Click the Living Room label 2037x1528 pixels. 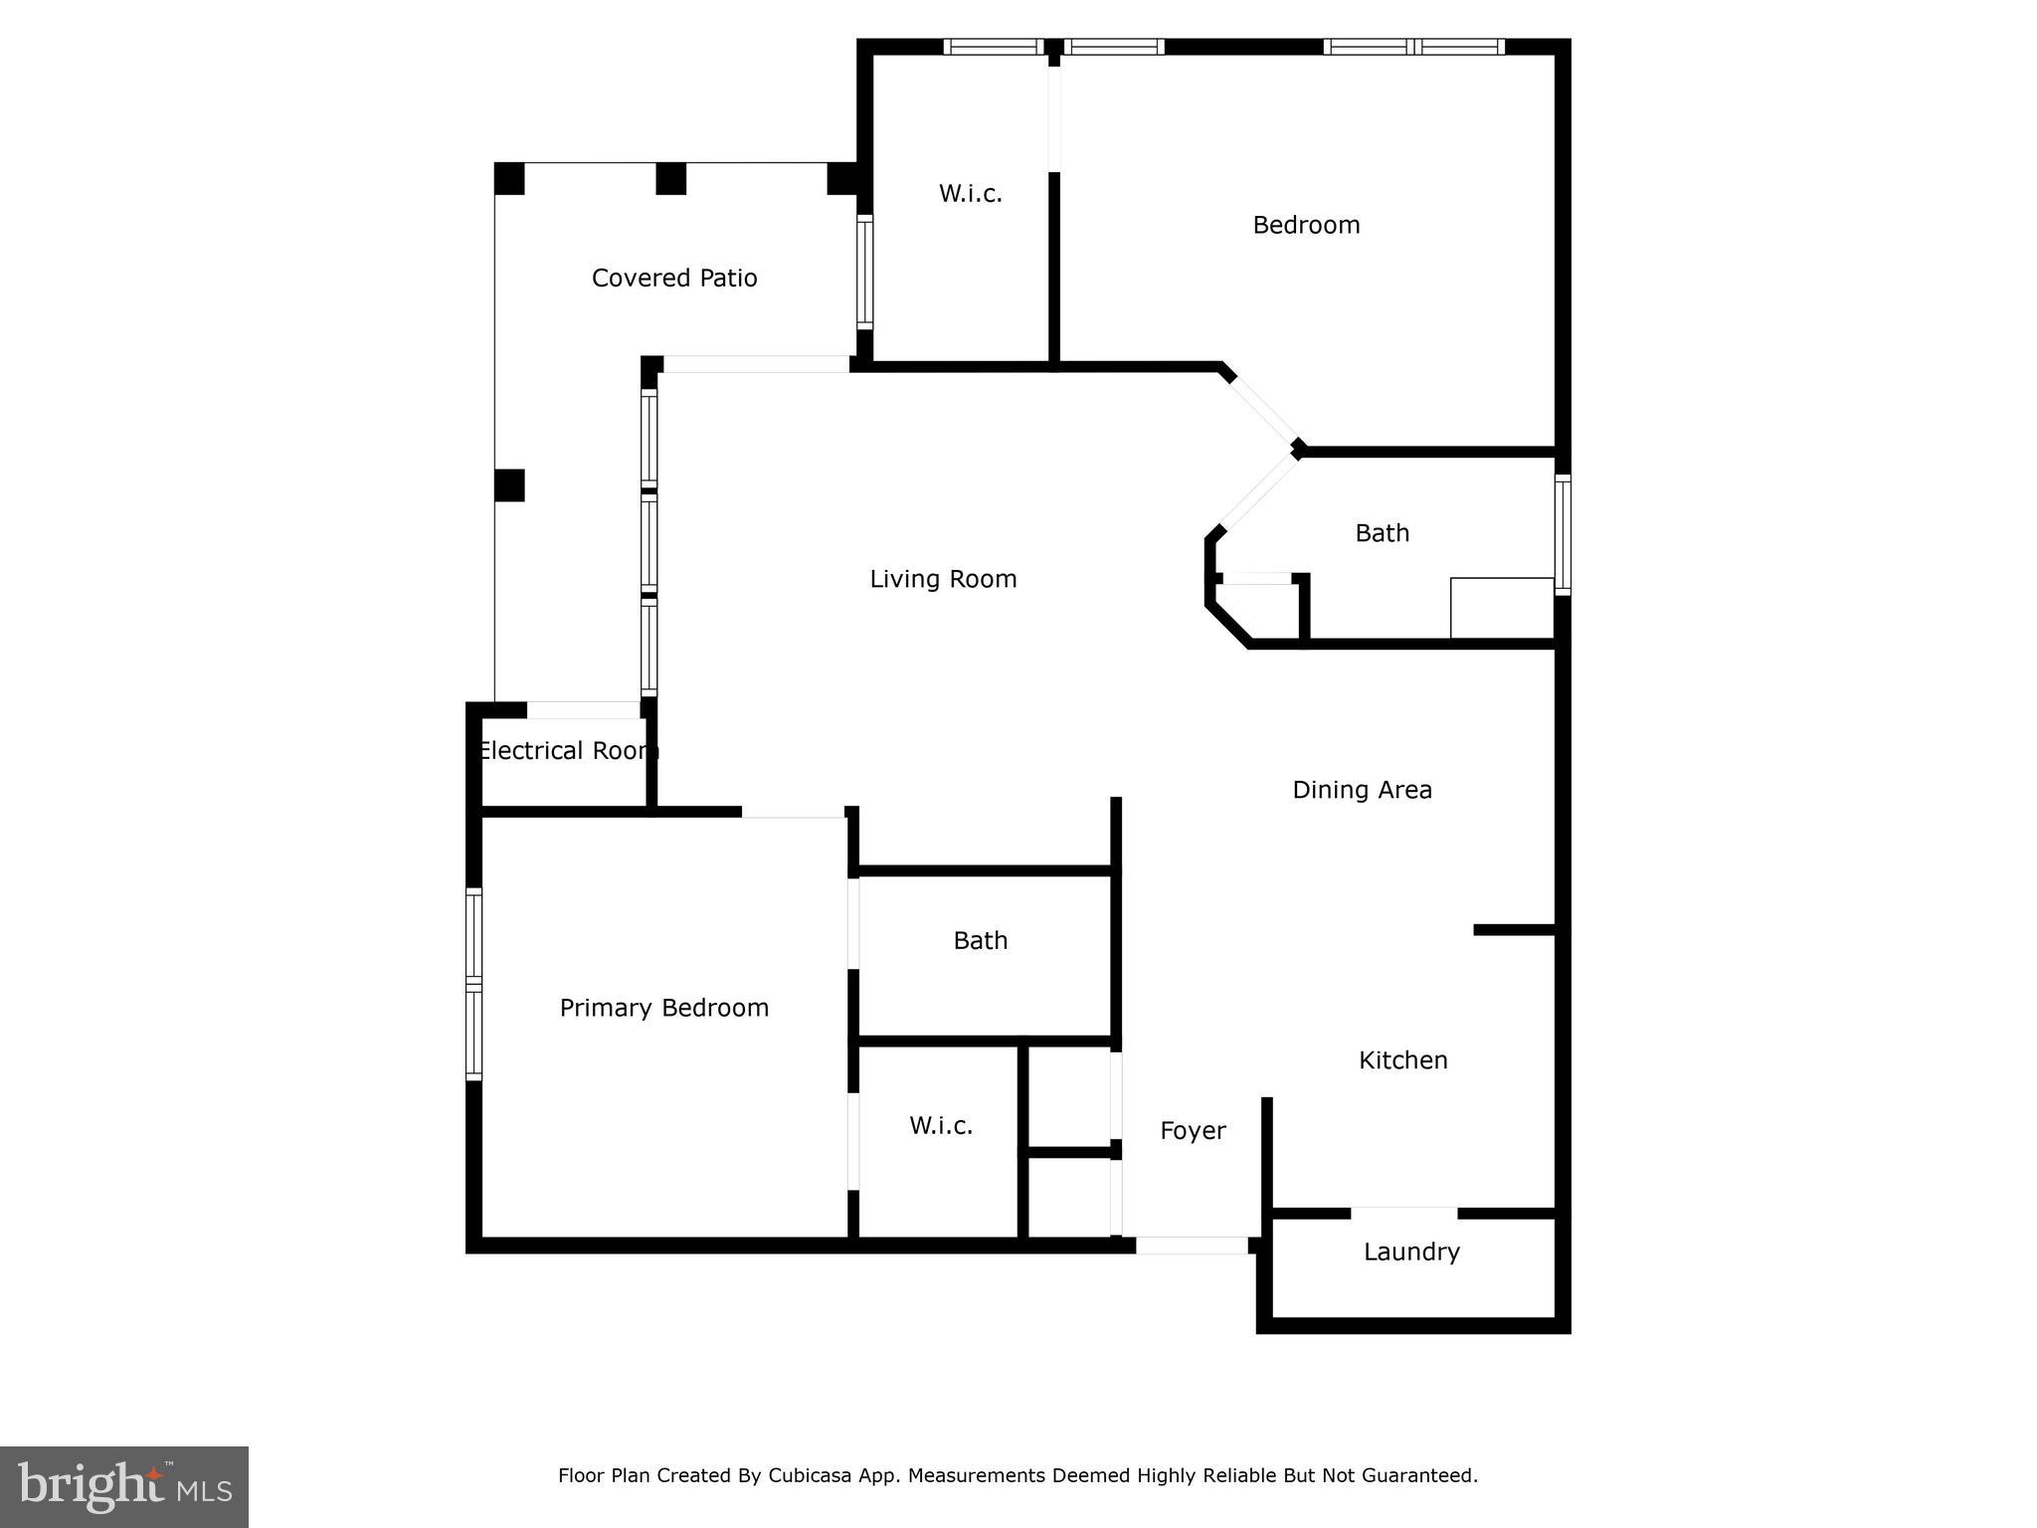(x=943, y=579)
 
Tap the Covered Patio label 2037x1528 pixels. (x=674, y=279)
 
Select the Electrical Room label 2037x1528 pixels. (x=567, y=751)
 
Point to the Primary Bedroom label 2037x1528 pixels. (x=664, y=1008)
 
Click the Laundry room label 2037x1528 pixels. (x=1411, y=1251)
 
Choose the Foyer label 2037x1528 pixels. (x=1193, y=1131)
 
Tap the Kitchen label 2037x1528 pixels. (x=1402, y=1060)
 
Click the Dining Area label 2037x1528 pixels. (x=1362, y=790)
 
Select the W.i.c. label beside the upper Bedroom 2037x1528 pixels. (x=970, y=194)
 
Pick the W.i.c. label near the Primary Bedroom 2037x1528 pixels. (x=940, y=1125)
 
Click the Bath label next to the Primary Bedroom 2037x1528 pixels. (x=980, y=940)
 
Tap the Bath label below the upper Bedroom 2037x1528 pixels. (x=1382, y=533)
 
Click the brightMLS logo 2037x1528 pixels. (x=124, y=1486)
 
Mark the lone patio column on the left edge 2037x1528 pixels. (x=509, y=485)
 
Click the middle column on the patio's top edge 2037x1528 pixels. (x=670, y=179)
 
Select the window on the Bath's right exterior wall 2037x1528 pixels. (x=1563, y=535)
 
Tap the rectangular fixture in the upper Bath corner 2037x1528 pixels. (x=1502, y=608)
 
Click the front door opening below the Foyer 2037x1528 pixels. (x=1192, y=1244)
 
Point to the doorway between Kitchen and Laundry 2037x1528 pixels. (x=1403, y=1213)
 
